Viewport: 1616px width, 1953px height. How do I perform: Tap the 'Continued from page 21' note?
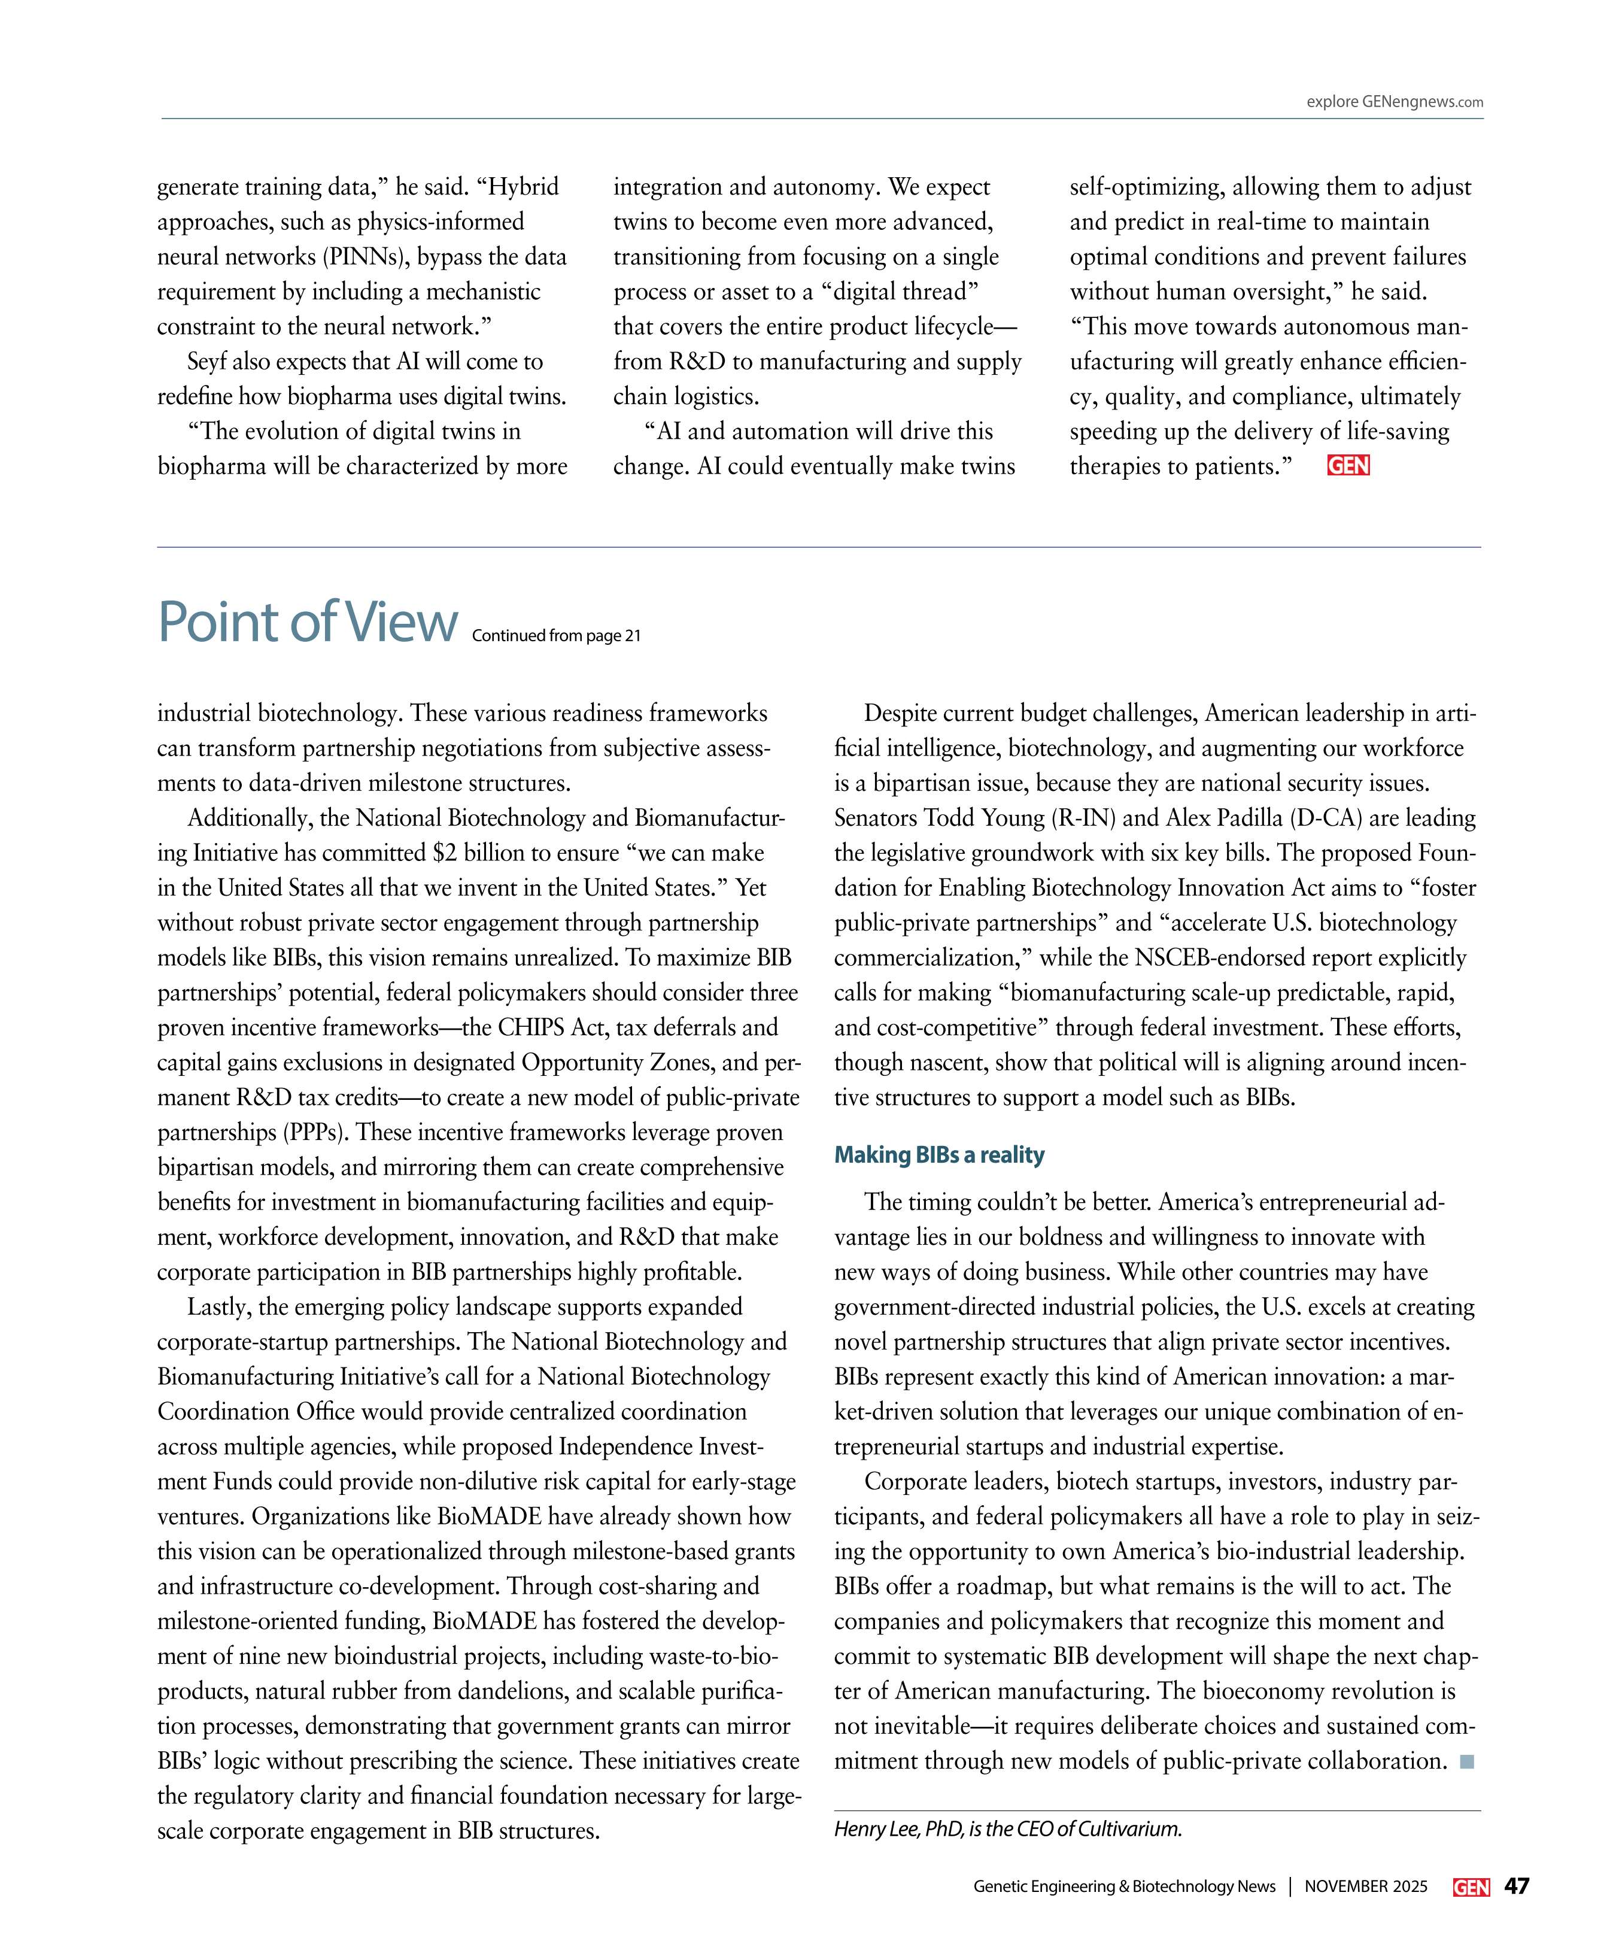pyautogui.click(x=556, y=636)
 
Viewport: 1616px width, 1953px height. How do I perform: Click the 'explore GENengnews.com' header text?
pyautogui.click(x=1394, y=102)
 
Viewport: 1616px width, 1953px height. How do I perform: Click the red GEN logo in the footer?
pyautogui.click(x=1471, y=1887)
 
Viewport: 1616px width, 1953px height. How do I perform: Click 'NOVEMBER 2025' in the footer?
pyautogui.click(x=1365, y=1887)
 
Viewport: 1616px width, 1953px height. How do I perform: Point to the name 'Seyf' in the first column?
pyautogui.click(x=208, y=362)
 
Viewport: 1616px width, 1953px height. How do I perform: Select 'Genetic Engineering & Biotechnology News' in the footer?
pyautogui.click(x=1124, y=1887)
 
